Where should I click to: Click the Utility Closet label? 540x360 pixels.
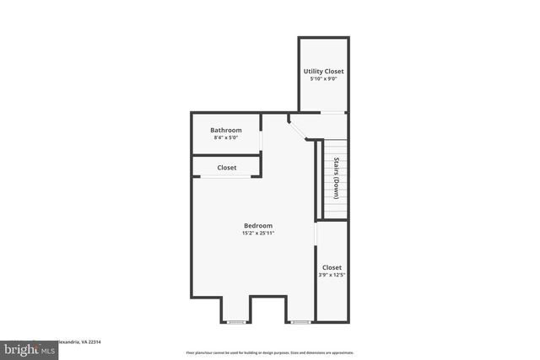[323, 72]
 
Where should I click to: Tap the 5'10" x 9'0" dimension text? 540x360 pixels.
[323, 79]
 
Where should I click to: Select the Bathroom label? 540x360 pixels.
[226, 130]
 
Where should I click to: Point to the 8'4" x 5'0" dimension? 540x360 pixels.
[226, 137]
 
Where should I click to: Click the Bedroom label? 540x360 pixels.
[258, 225]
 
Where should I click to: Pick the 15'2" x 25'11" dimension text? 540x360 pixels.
[258, 233]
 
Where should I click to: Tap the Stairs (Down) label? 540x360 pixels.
[336, 177]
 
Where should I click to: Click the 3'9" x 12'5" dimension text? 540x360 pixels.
[332, 275]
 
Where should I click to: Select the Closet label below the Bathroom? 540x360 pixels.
[226, 168]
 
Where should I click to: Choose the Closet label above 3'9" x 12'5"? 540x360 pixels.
[332, 267]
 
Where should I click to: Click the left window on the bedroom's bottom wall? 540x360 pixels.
[237, 321]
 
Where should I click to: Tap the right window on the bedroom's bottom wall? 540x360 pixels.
[300, 321]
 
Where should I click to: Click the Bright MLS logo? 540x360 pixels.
[27, 348]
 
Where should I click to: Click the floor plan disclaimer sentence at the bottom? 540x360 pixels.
[269, 352]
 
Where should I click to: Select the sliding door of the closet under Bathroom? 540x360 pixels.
[226, 177]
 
